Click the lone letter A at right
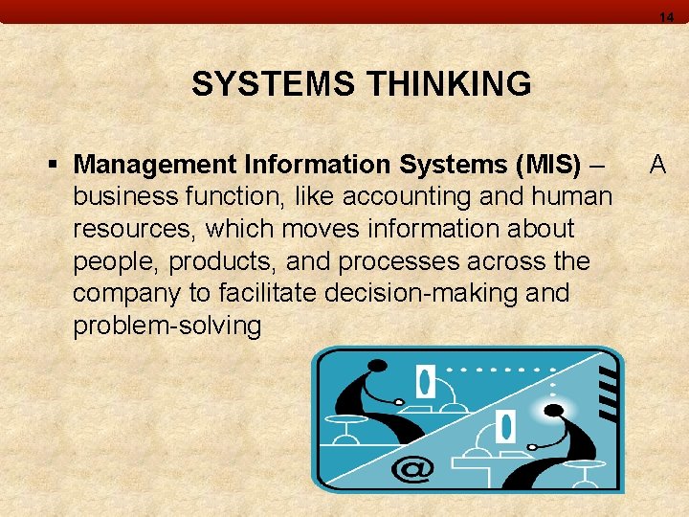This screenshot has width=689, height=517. (x=657, y=165)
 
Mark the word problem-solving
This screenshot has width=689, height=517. (x=167, y=326)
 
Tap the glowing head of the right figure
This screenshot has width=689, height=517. (x=555, y=413)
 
